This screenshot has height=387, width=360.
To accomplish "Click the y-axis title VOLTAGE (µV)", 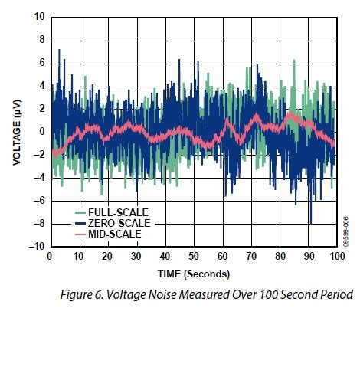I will point(17,131).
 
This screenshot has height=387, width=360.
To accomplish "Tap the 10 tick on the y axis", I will point(39,16).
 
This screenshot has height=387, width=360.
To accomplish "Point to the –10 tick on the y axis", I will point(37,247).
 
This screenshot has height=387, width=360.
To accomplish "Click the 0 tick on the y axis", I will point(41,132).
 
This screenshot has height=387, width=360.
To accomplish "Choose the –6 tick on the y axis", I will point(39,201).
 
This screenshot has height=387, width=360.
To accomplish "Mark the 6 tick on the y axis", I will point(41,62).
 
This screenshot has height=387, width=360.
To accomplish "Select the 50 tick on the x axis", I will point(193,257).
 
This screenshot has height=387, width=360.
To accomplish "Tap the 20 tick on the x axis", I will point(106,257).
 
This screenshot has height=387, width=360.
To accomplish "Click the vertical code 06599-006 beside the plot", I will point(346,229).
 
